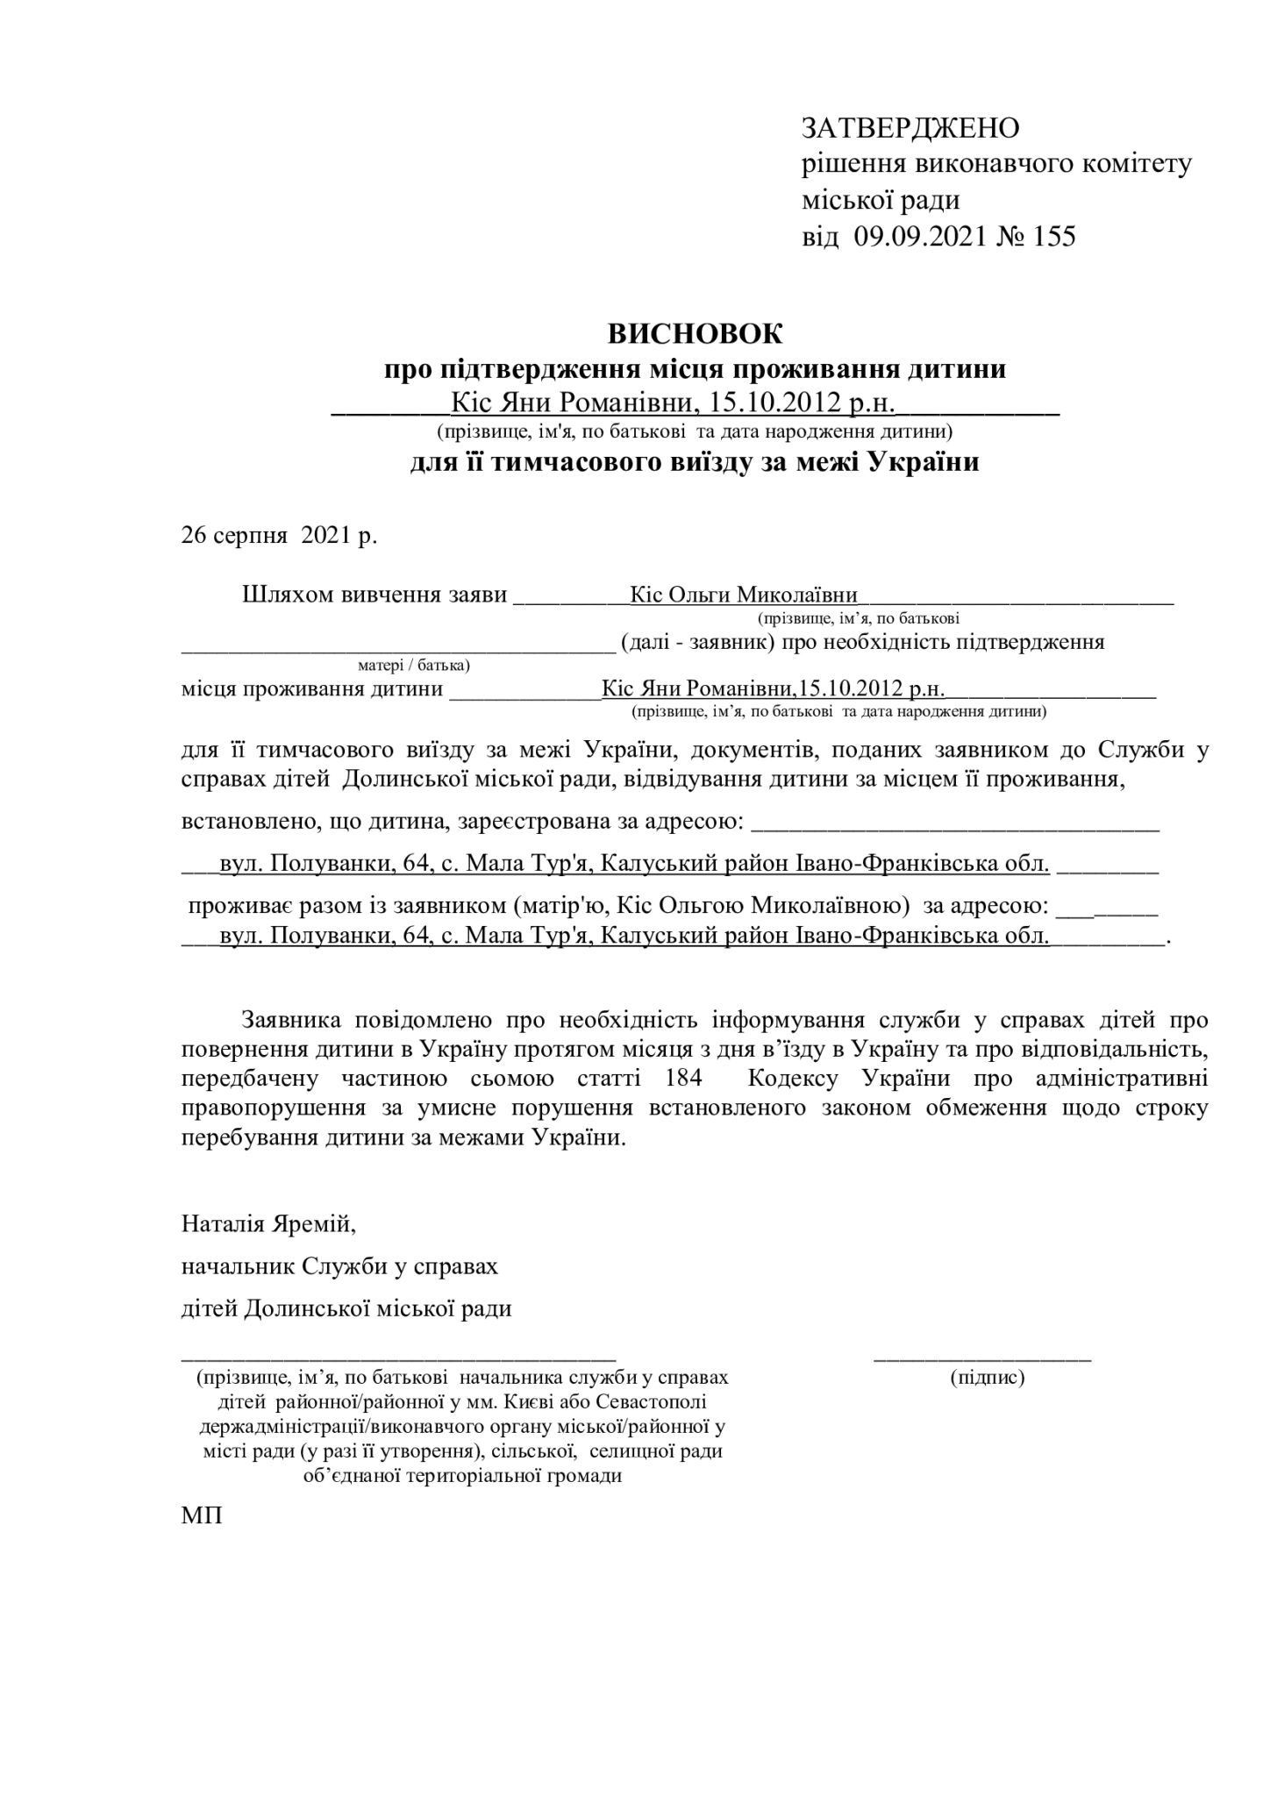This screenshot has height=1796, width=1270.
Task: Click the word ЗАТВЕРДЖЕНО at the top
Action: pyautogui.click(x=910, y=128)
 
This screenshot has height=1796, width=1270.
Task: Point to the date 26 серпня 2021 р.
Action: pyautogui.click(x=279, y=535)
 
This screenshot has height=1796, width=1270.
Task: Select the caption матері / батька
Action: pyautogui.click(x=414, y=665)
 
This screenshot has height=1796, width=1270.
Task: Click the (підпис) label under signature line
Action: pyautogui.click(x=987, y=1378)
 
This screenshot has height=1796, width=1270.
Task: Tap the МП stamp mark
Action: pyautogui.click(x=202, y=1516)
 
